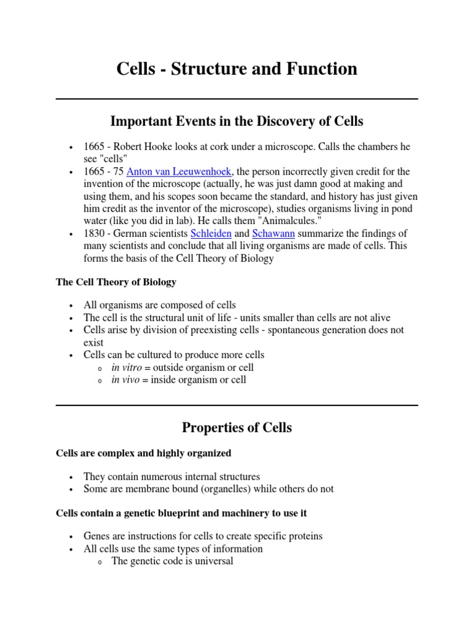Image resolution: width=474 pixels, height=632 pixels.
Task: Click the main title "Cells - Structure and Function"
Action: pyautogui.click(x=237, y=69)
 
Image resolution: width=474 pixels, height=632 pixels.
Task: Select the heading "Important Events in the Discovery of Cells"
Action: pyautogui.click(x=237, y=121)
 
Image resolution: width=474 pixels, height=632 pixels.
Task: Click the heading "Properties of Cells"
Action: pyautogui.click(x=237, y=427)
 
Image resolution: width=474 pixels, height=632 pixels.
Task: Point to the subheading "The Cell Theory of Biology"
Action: pyautogui.click(x=116, y=282)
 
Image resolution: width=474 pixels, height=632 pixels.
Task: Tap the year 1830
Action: pyautogui.click(x=96, y=234)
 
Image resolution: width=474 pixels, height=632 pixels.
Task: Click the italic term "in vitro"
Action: pyautogui.click(x=127, y=367)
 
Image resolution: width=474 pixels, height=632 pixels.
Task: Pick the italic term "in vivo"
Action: pyautogui.click(x=126, y=380)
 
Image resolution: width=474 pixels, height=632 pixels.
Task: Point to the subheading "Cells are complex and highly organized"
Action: pyautogui.click(x=143, y=453)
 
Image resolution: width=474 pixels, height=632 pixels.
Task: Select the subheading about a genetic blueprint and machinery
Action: pyautogui.click(x=181, y=513)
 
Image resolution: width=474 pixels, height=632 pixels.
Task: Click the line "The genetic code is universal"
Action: pyautogui.click(x=172, y=561)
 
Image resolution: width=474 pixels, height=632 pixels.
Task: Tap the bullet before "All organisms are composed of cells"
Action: pyautogui.click(x=72, y=306)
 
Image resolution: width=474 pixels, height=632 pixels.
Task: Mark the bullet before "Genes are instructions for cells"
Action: pyautogui.click(x=72, y=537)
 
